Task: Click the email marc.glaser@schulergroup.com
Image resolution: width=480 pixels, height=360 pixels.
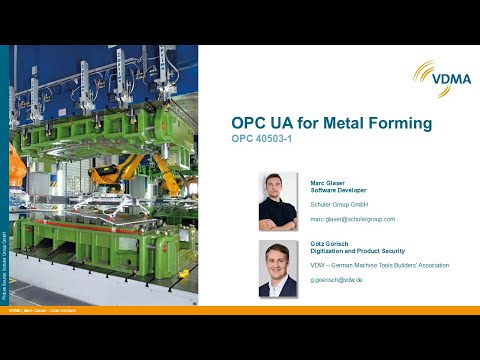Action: (x=353, y=218)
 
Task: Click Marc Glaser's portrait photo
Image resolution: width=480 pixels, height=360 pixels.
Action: (x=277, y=201)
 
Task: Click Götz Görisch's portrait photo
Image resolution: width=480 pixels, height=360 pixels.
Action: (x=277, y=268)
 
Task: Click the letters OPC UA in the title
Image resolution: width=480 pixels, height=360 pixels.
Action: (x=263, y=124)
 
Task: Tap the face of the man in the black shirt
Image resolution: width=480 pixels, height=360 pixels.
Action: (x=277, y=190)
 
